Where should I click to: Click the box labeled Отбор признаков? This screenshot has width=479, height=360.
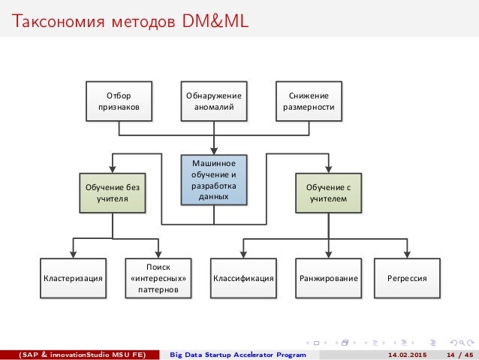point(119,101)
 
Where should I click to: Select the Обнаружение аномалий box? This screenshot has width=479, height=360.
point(214,101)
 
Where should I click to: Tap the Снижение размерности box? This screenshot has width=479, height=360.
point(309,101)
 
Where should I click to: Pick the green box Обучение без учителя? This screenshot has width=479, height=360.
point(112,193)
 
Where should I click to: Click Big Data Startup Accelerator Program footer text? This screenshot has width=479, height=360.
point(238,354)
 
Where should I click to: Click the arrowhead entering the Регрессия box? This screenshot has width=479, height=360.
point(407,254)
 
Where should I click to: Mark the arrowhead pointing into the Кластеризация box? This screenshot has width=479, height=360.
point(72,254)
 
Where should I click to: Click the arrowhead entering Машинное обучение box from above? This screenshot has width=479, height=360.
point(214,150)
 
